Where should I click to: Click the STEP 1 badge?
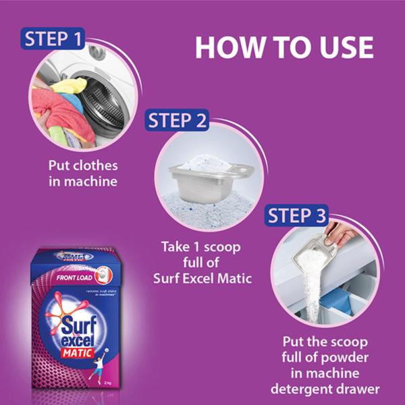point(55,38)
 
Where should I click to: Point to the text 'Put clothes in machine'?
point(82,173)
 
